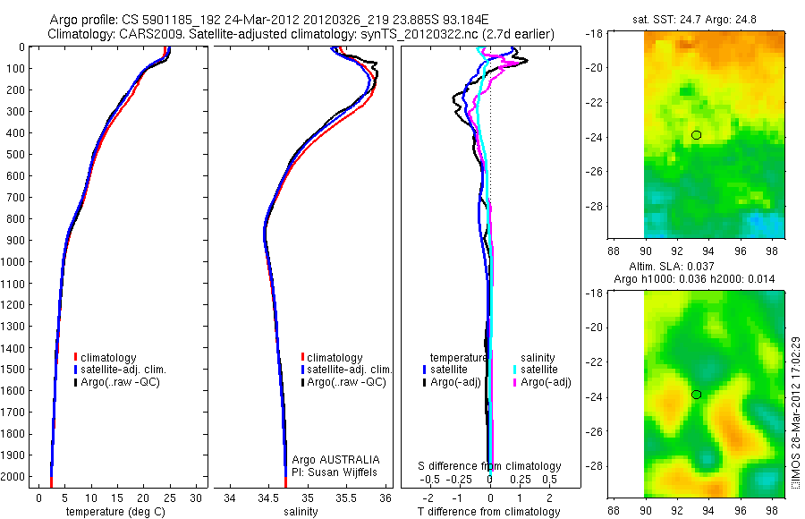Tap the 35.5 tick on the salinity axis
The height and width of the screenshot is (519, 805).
click(347, 498)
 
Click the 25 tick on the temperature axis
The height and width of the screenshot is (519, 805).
click(169, 498)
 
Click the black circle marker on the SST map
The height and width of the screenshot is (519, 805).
click(696, 135)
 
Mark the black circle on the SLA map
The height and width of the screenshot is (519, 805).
click(696, 395)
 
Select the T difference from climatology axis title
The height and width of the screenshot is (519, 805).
click(489, 512)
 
